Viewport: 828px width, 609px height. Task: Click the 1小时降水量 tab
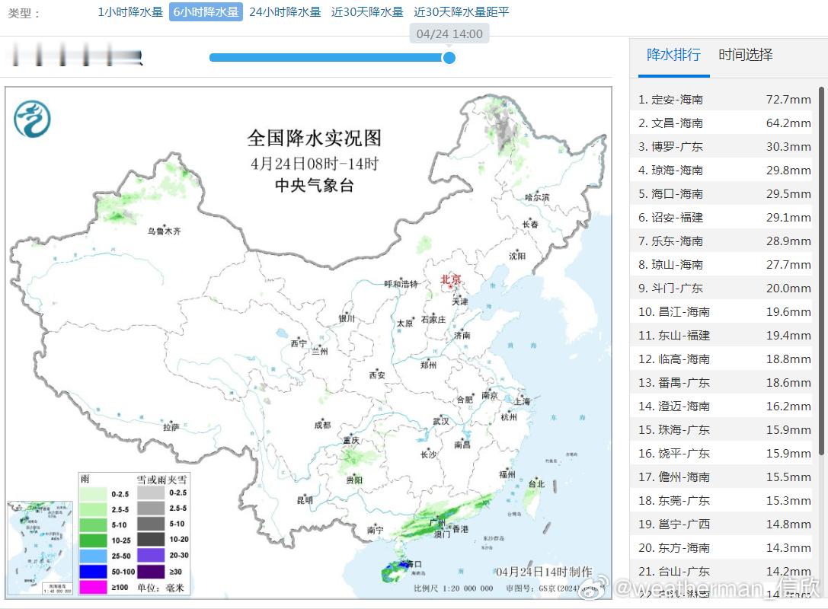click(130, 12)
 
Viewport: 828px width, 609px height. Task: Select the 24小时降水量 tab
click(285, 12)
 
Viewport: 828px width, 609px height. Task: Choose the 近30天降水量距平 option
click(462, 12)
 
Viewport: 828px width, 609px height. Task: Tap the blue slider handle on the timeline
click(449, 57)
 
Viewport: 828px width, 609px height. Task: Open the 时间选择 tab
click(746, 55)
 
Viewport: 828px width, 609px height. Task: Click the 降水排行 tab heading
click(673, 55)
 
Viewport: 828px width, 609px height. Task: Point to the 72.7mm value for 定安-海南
click(788, 100)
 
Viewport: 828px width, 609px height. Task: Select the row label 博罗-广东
click(676, 147)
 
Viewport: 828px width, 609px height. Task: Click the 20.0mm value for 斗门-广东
click(788, 289)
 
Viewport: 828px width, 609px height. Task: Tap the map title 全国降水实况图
click(314, 139)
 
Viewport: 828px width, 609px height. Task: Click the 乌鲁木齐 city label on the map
click(164, 231)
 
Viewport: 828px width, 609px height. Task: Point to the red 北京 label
click(451, 280)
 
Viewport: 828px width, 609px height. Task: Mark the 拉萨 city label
click(171, 427)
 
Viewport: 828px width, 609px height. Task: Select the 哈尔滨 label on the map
click(537, 197)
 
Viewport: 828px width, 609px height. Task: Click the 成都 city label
click(322, 425)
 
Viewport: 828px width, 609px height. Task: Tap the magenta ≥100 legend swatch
click(94, 587)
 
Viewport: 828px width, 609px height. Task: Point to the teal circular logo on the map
click(32, 120)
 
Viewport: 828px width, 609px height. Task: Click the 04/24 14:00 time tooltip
click(449, 34)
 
